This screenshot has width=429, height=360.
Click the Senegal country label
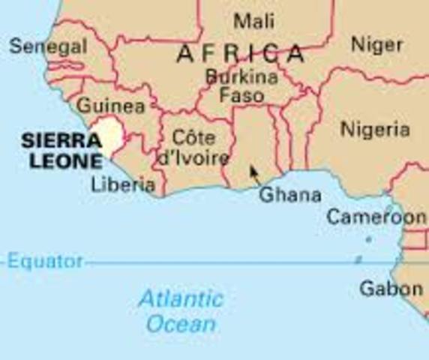pos(48,46)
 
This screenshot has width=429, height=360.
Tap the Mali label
pos(253,20)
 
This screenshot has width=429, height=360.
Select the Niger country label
pos(376,45)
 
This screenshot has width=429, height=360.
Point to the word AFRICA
pos(241,54)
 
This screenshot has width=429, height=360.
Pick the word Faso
pos(241,96)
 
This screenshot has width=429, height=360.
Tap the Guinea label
pos(110,105)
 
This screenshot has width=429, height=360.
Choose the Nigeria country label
pos(375,130)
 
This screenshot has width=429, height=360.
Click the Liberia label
pos(122,184)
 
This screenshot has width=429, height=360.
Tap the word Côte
pos(193,139)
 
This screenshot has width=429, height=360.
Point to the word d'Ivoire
pos(193,158)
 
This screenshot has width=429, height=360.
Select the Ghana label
pos(289,195)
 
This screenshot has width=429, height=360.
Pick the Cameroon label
pos(376,217)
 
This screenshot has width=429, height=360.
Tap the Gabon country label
pos(390,288)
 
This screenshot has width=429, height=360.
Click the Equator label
pos(46,262)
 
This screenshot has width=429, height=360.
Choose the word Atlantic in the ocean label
pos(181,299)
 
